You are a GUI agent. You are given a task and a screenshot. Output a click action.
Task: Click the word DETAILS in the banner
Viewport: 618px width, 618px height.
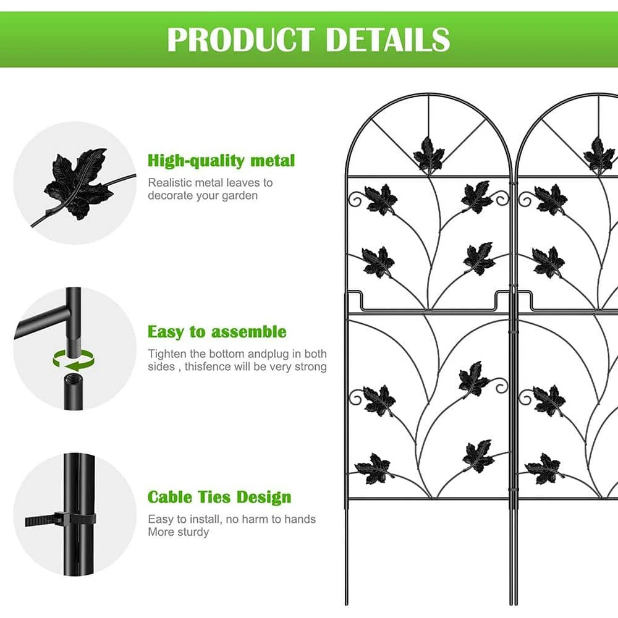coord(388,40)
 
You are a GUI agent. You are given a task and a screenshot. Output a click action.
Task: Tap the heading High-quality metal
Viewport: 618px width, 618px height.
coord(221,161)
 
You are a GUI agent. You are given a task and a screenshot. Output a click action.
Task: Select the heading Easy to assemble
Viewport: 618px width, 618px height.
coord(217,332)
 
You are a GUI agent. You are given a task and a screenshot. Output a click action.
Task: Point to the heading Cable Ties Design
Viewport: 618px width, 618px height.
coord(219,497)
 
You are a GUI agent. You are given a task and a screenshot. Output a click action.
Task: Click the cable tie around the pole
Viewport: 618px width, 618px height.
coord(61,520)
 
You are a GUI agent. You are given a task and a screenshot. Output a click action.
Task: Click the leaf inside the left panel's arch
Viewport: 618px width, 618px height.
coord(429,154)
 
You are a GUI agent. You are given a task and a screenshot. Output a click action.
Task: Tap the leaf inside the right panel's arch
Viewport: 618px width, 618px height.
coord(599,155)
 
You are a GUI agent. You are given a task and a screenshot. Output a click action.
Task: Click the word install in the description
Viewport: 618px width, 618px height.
coord(205,519)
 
